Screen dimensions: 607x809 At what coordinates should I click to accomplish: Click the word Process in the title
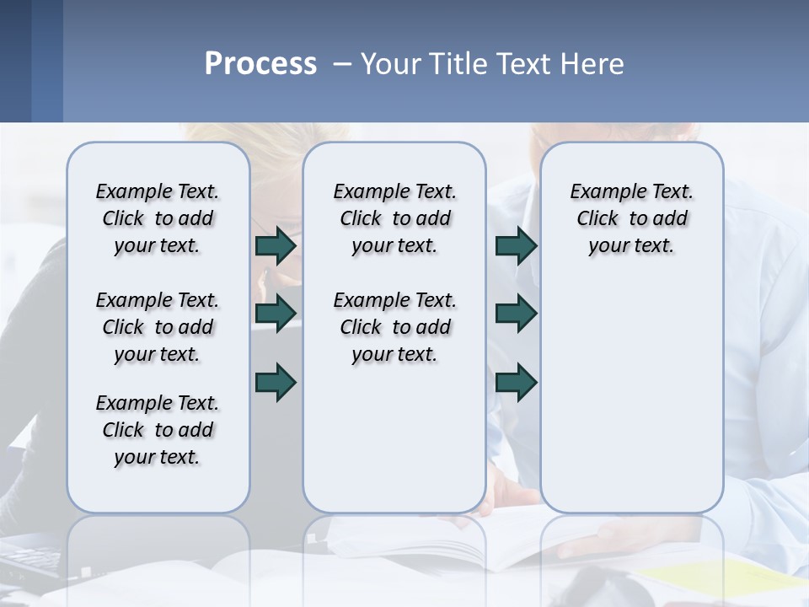pyautogui.click(x=260, y=64)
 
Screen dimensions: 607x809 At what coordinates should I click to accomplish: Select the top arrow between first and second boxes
pyautogui.click(x=276, y=246)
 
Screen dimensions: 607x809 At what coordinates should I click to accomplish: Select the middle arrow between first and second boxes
pyautogui.click(x=276, y=314)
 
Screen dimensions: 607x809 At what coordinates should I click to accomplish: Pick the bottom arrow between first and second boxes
pyautogui.click(x=276, y=382)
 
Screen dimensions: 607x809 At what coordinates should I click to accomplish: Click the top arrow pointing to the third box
pyautogui.click(x=516, y=246)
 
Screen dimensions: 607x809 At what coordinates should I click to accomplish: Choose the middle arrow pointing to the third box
pyautogui.click(x=516, y=314)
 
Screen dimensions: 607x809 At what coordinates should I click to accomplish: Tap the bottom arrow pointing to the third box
pyautogui.click(x=516, y=382)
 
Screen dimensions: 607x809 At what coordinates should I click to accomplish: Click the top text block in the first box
pyautogui.click(x=158, y=218)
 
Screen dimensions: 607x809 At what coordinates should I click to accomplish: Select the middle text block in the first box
pyautogui.click(x=158, y=327)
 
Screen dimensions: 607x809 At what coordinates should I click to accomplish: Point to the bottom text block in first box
pyautogui.click(x=158, y=430)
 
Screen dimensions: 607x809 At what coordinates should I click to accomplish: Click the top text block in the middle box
pyautogui.click(x=394, y=218)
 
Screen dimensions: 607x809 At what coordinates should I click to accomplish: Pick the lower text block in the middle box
pyautogui.click(x=394, y=327)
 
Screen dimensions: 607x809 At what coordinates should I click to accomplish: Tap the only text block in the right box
pyautogui.click(x=631, y=218)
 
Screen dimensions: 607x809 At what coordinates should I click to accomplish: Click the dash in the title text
pyautogui.click(x=343, y=65)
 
